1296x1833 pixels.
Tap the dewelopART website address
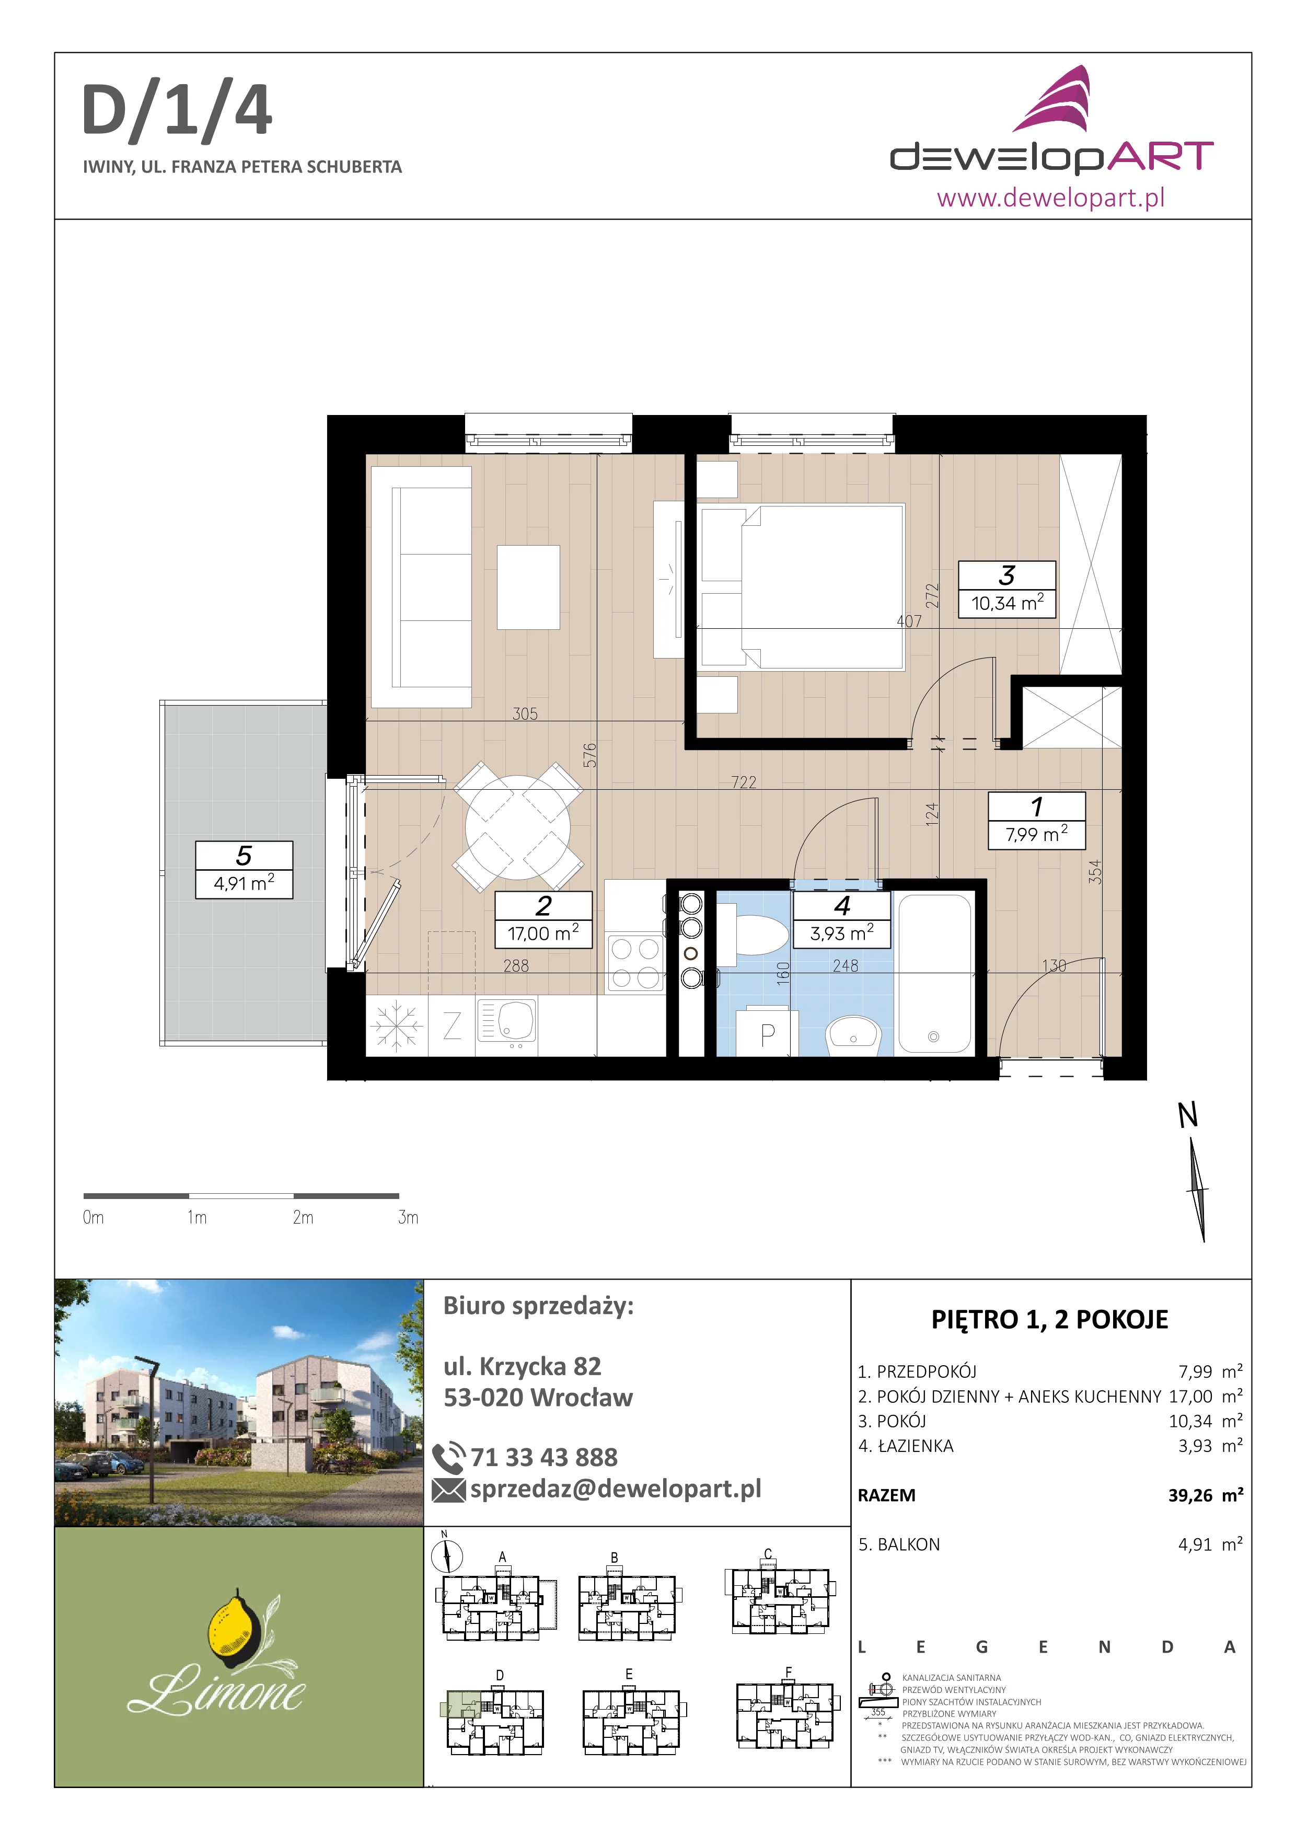(1050, 197)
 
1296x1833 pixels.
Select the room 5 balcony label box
(244, 869)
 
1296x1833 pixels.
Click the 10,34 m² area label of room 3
(1007, 603)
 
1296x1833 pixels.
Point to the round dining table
(518, 827)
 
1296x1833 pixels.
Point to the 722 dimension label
(744, 782)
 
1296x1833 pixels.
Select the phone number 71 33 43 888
(543, 1457)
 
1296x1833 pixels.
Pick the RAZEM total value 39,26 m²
(1205, 1495)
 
